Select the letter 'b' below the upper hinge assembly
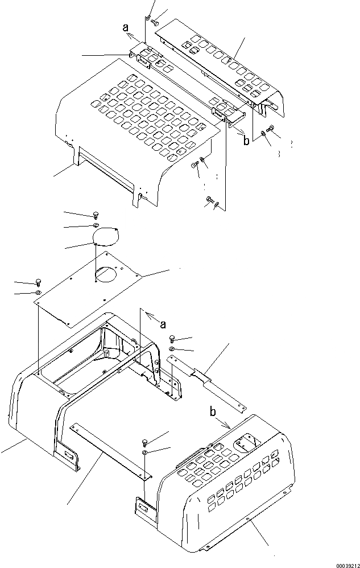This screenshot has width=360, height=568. click(x=246, y=141)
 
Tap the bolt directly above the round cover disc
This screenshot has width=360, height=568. click(x=95, y=215)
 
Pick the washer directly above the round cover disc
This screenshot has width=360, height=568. click(x=95, y=226)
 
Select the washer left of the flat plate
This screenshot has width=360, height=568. click(x=38, y=293)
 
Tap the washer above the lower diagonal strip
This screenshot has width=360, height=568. click(x=146, y=451)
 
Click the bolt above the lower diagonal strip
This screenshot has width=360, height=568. click(x=144, y=442)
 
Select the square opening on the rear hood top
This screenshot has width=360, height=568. click(x=249, y=439)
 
